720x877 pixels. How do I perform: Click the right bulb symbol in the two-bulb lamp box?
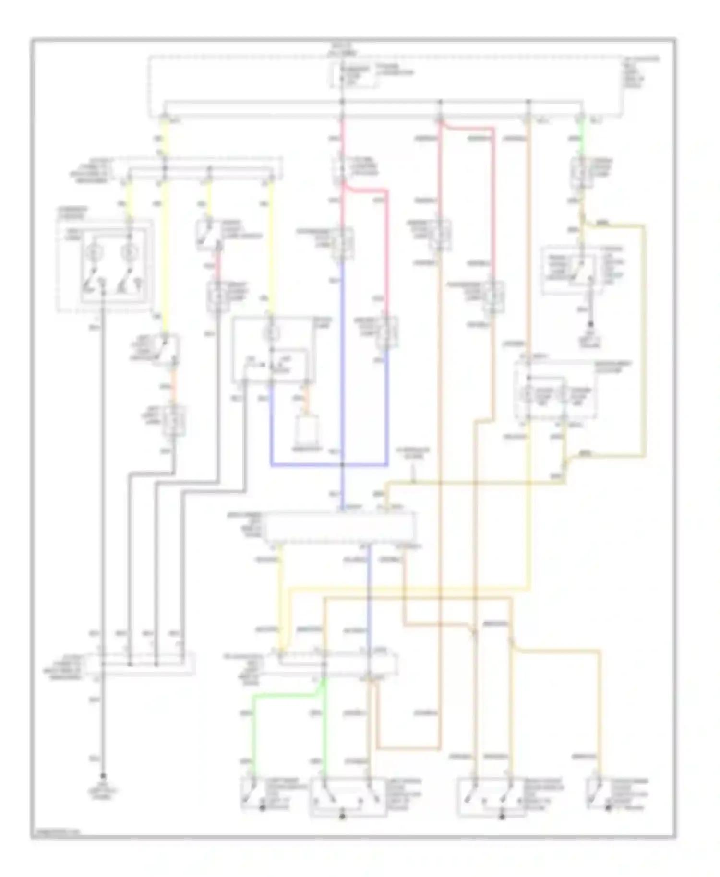[x=128, y=252]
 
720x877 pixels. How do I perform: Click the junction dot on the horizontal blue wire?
[x=342, y=465]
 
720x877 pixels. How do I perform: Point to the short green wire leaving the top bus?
[x=581, y=139]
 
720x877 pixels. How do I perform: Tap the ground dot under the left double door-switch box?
[x=342, y=816]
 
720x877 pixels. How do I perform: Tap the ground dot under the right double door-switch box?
[x=502, y=816]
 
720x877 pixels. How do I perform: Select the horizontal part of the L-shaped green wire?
[x=283, y=696]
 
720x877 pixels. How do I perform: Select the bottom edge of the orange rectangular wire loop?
[x=408, y=747]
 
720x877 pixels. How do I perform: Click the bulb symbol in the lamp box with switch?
[x=271, y=332]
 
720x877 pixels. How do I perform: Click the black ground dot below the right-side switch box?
[x=591, y=325]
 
